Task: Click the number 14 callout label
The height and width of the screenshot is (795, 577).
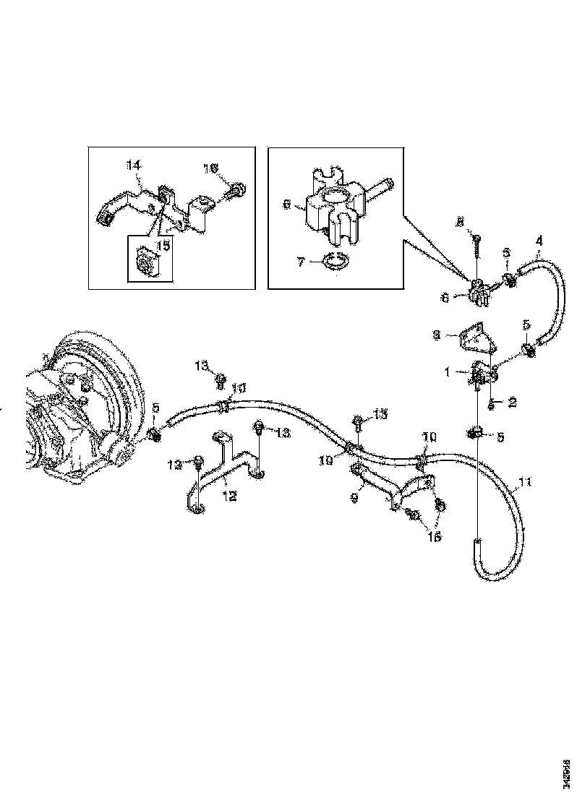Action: point(133,166)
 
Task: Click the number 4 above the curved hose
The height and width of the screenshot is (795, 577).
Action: point(539,239)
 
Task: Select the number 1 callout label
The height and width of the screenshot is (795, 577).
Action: point(448,373)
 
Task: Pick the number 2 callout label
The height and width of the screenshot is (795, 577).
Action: point(513,403)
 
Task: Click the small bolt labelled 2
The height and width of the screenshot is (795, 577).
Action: point(491,403)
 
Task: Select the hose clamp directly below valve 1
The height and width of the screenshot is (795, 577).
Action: point(474,433)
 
